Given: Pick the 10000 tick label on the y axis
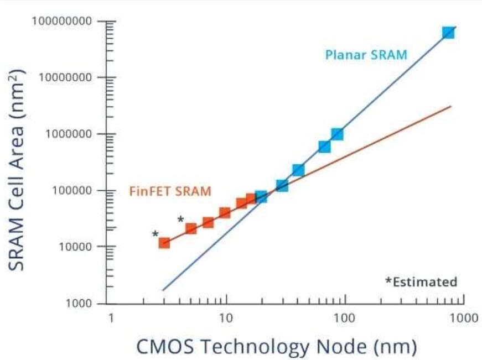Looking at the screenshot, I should (x=75, y=247).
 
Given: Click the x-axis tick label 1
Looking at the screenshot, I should (x=111, y=318).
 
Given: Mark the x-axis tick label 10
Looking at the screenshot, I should (x=225, y=318).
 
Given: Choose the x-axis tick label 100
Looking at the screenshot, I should (x=345, y=318).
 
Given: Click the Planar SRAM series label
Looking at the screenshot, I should (x=366, y=55).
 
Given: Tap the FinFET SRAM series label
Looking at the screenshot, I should (x=170, y=192).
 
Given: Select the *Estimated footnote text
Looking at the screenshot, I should (x=421, y=282).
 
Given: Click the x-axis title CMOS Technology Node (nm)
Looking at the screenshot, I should (x=276, y=346).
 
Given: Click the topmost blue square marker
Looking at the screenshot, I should (x=448, y=32).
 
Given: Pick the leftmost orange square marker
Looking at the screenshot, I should (x=164, y=242).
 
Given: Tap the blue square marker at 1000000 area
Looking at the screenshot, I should (x=337, y=134).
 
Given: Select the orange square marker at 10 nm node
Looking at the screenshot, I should (x=225, y=213).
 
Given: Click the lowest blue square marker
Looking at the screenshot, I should (x=261, y=196).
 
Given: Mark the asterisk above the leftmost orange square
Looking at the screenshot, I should (x=156, y=234).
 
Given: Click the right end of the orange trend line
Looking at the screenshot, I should (x=451, y=106).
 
